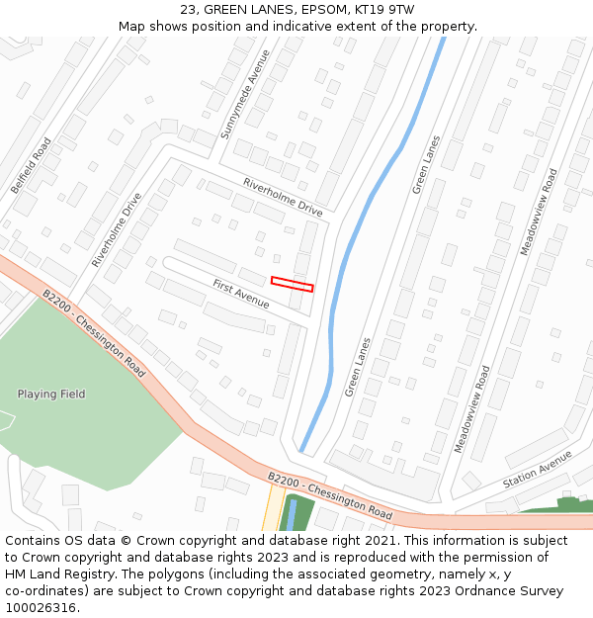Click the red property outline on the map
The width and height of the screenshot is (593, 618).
293,284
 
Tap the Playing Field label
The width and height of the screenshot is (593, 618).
51,395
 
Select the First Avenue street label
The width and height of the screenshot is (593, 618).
241,294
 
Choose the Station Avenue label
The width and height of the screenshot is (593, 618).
537,469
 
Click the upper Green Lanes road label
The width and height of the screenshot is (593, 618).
426,164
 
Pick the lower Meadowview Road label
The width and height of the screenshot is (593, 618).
471,409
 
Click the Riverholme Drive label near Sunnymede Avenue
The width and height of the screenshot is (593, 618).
283,196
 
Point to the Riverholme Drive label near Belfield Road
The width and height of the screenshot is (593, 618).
117,229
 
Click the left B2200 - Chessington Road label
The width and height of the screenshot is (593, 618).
94,333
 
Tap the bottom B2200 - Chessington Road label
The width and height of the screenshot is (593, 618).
330,496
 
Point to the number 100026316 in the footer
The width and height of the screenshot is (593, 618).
40,607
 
